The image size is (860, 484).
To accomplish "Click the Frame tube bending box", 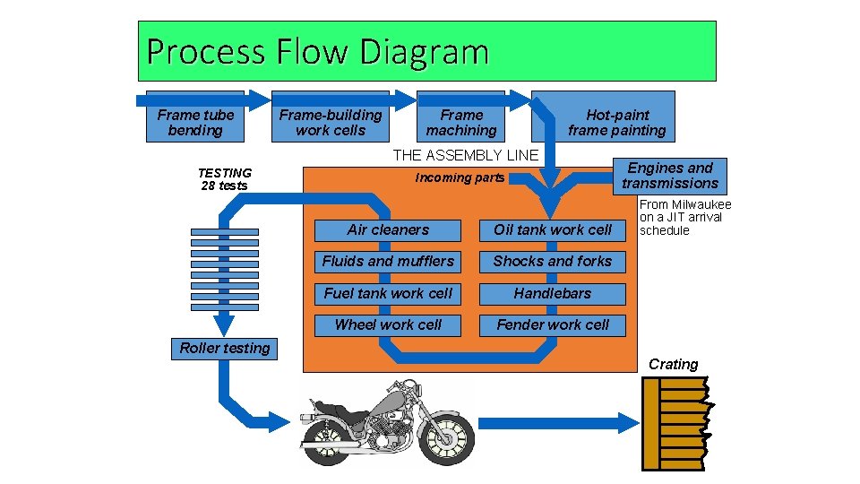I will (195, 123).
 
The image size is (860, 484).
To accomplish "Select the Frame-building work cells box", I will (330, 123).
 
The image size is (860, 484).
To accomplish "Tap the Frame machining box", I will (461, 123).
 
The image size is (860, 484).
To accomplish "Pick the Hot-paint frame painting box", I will (616, 123).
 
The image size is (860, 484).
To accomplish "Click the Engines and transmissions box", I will (670, 176).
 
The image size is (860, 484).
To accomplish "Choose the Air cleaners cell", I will (388, 230).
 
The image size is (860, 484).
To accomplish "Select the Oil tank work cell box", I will (553, 230).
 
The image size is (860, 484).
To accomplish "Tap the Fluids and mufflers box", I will (388, 262).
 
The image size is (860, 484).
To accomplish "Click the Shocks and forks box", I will (553, 262).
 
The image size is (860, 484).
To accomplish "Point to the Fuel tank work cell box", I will (388, 293).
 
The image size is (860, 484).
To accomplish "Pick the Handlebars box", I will (553, 293).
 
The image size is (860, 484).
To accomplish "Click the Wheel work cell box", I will (388, 324).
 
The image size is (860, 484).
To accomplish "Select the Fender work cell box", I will (553, 324).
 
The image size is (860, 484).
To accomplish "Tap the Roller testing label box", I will (224, 349).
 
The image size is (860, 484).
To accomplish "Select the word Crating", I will (673, 364).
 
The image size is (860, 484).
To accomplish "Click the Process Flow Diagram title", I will (317, 52).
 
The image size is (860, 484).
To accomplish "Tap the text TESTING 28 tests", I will (225, 179).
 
